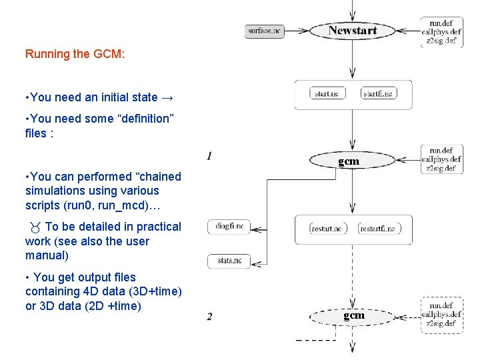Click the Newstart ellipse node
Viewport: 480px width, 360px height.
click(x=353, y=31)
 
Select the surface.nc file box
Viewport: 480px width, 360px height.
click(x=265, y=31)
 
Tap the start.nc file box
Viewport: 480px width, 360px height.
click(x=327, y=94)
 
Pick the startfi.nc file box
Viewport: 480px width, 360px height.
click(x=379, y=94)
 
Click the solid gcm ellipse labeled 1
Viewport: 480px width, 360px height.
click(x=349, y=161)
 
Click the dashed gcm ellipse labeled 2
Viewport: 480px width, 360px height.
click(x=353, y=315)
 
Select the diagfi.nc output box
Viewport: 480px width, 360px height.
click(x=229, y=227)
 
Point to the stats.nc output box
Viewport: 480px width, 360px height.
click(x=229, y=261)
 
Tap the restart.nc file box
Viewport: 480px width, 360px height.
click(x=327, y=229)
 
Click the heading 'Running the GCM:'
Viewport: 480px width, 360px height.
click(x=75, y=54)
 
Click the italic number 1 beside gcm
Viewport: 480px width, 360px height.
click(x=210, y=157)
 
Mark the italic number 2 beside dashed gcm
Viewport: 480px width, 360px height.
click(x=210, y=316)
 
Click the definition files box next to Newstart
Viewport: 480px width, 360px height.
click(x=441, y=31)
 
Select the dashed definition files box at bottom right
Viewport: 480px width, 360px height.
click(x=441, y=315)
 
